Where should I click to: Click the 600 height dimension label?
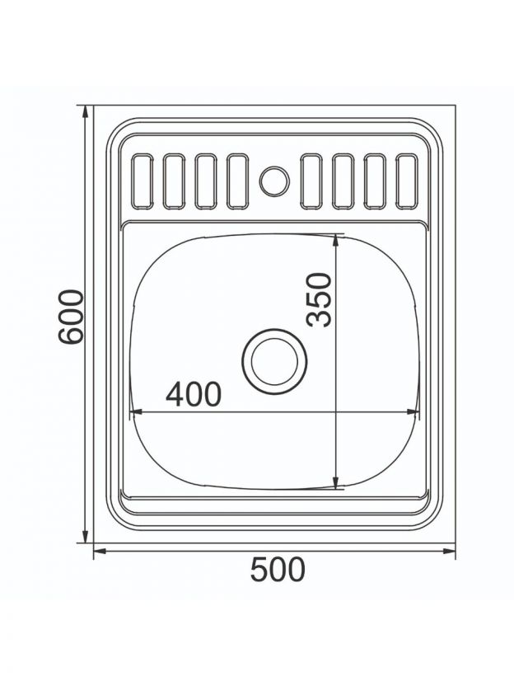tap(71, 317)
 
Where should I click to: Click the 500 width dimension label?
tap(278, 570)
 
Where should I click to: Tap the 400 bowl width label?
tap(194, 394)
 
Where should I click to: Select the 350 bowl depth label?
tap(319, 299)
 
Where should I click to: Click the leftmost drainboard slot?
tap(142, 181)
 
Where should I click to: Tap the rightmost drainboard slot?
tap(406, 181)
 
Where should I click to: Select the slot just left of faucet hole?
tap(238, 181)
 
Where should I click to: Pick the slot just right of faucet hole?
tap(311, 181)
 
